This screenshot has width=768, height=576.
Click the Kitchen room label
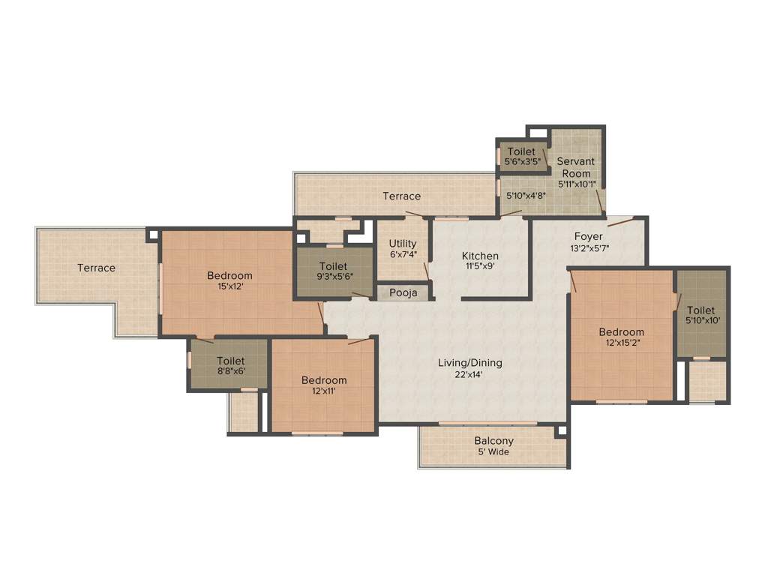(480, 255)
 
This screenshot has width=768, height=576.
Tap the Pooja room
(403, 292)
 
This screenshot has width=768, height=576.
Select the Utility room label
(403, 244)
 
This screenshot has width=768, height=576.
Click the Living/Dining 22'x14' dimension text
(470, 374)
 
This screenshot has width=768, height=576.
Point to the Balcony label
(494, 441)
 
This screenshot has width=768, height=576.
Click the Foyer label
(589, 236)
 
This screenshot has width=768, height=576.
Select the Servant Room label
(576, 167)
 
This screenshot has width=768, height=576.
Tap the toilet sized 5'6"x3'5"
(521, 156)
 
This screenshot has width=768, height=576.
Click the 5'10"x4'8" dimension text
(525, 196)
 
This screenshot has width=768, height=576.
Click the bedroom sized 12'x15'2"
(621, 337)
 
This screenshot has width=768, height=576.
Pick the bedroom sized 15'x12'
(229, 280)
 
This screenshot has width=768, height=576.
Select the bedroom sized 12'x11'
(324, 385)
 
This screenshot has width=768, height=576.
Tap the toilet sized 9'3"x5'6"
(333, 271)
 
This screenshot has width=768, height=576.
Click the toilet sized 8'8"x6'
(231, 365)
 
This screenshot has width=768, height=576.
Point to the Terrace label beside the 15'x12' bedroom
(97, 268)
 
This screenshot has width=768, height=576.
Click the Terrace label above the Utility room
(402, 196)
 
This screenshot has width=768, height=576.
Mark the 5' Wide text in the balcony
(494, 452)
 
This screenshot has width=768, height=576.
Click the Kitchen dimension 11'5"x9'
(480, 265)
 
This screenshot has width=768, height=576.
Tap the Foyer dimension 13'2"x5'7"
(589, 247)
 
